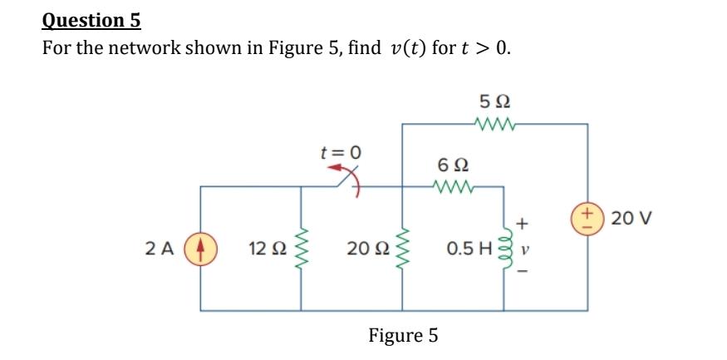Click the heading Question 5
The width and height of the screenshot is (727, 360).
click(x=91, y=19)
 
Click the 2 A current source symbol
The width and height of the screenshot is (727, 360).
click(x=199, y=247)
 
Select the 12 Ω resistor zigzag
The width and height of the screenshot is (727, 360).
click(x=300, y=247)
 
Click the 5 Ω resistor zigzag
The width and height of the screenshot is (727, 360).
click(x=496, y=126)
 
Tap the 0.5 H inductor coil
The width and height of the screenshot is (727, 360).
click(x=504, y=247)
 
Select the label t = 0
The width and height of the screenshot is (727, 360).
click(x=341, y=152)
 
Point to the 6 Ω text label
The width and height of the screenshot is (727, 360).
click(x=453, y=165)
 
